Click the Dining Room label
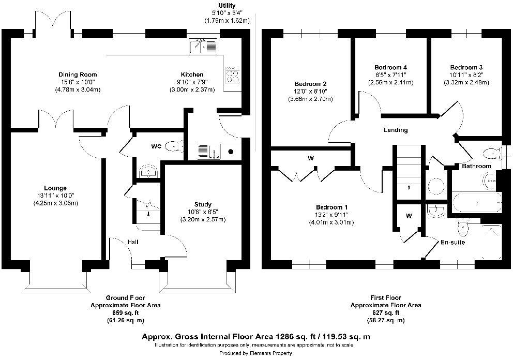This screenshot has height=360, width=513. coord(78,74)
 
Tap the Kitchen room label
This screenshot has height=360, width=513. coord(192,74)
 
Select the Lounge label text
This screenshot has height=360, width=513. coord(55,188)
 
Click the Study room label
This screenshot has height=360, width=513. coord(203,204)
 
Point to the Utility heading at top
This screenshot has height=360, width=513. coord(227,6)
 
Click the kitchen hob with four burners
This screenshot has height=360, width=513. coord(233,76)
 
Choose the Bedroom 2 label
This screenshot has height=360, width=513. coord(310,84)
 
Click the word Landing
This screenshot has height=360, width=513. coord(396,130)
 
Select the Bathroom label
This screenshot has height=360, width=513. coord(476,166)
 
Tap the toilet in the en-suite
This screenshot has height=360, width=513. coord(462,226)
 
